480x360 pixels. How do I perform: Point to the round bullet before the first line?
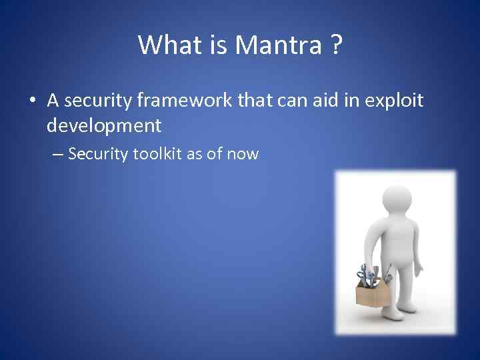pos(32,101)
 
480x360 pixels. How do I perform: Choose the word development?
pos(105,125)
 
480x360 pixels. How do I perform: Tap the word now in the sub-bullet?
pos(243,155)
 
